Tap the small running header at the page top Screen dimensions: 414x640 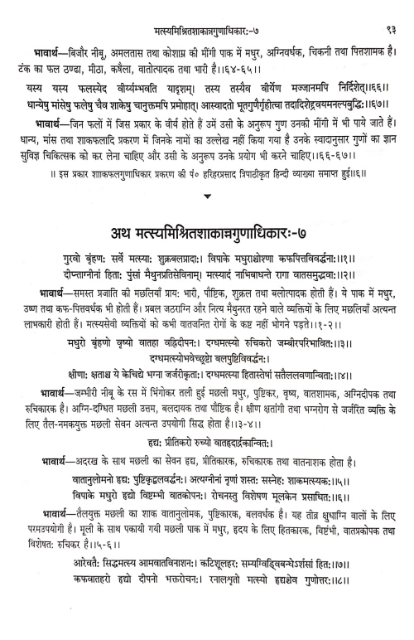click(207, 11)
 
